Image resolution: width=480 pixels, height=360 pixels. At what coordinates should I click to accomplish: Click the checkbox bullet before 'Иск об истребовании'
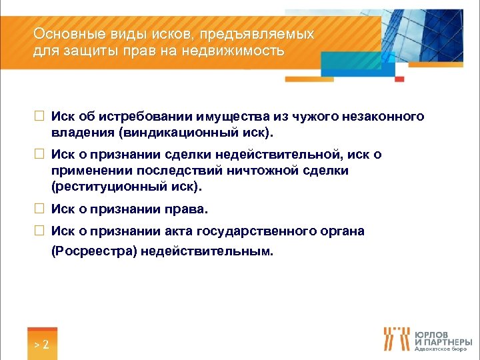point(39,117)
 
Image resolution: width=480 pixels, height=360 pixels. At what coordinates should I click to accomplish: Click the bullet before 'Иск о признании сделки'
point(39,155)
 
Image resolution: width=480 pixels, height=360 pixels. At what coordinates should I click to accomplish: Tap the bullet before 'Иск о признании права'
point(39,209)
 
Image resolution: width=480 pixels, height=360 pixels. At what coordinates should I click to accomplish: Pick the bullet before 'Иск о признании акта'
point(39,231)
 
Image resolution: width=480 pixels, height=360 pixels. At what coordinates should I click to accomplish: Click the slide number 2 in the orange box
point(42,345)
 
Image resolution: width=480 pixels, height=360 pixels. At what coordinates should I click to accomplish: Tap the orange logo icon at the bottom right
point(397,339)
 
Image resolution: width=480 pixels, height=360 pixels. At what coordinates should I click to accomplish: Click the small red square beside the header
point(399,79)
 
